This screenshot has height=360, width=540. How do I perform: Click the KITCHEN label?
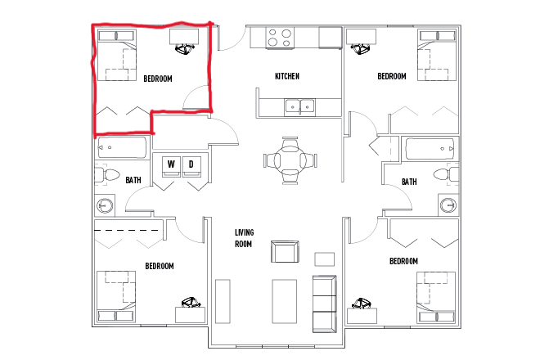[287, 76]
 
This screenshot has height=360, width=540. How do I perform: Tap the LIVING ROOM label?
[243, 239]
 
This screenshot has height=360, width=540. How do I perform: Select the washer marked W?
[172, 165]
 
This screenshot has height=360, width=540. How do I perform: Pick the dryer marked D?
[191, 165]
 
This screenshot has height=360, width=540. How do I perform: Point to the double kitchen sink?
[300, 106]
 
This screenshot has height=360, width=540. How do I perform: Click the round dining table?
[289, 159]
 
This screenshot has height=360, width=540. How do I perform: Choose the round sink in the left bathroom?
[106, 205]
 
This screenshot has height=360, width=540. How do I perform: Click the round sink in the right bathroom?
[446, 205]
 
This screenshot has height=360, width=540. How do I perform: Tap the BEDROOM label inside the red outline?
[158, 79]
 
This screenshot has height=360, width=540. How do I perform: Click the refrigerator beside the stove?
[330, 37]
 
